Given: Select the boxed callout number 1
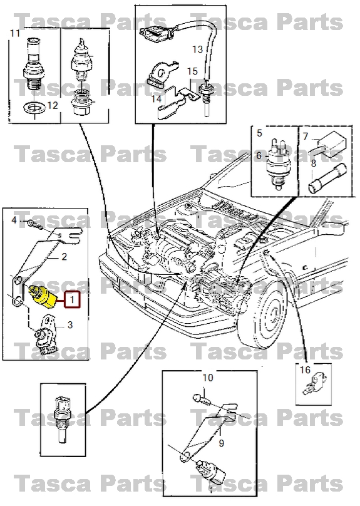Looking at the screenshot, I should coord(73,301).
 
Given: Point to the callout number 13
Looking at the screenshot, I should coord(197,48).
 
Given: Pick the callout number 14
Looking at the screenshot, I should coord(156,99).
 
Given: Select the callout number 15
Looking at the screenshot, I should coord(192,72).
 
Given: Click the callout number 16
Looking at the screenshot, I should coord(305,370).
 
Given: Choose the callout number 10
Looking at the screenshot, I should coord(207,378).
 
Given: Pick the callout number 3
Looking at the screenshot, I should coord(70,324).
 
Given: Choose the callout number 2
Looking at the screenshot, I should coord(63,257).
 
